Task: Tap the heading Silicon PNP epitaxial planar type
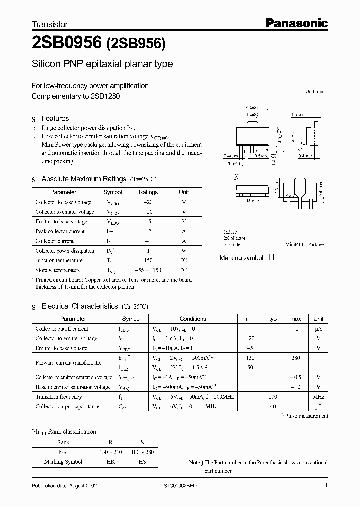(x=102, y=64)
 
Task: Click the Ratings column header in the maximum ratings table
(x=148, y=192)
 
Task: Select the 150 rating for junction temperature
(x=148, y=260)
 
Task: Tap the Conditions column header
(x=192, y=319)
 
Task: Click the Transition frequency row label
(x=58, y=397)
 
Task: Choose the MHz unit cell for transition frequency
(x=318, y=397)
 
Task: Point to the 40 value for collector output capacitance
(x=273, y=407)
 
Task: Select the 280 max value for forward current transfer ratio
(x=295, y=358)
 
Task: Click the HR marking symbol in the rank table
(x=111, y=462)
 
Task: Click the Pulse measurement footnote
(x=304, y=415)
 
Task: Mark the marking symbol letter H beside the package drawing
(x=272, y=258)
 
